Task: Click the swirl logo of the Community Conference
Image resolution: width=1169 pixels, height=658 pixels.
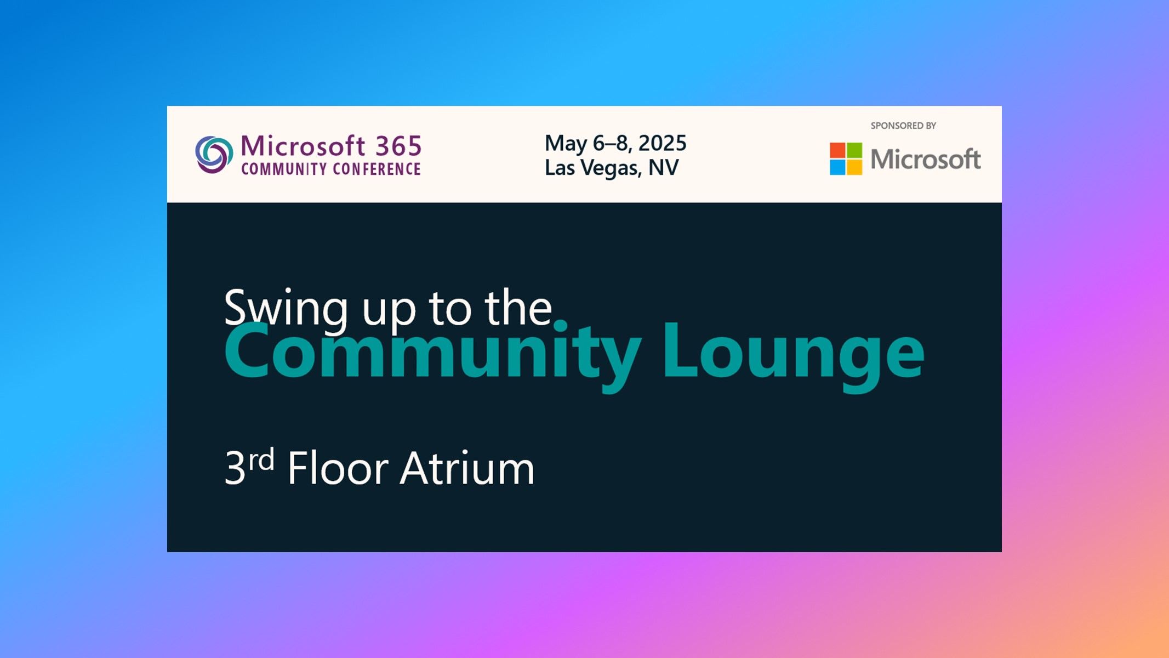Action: [x=214, y=154]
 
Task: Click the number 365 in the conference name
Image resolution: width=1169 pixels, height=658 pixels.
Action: [x=398, y=146]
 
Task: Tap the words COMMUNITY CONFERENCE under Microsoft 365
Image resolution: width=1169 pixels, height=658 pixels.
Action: [x=331, y=169]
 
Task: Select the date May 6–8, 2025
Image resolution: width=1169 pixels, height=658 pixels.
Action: [x=615, y=143]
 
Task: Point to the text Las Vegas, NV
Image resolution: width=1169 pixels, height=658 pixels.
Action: [x=612, y=168]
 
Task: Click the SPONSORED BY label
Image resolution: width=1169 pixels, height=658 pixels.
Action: [x=903, y=126]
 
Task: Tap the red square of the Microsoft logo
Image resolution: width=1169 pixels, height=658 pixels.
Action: [x=837, y=150]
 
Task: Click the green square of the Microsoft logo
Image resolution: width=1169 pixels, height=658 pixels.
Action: [x=854, y=150]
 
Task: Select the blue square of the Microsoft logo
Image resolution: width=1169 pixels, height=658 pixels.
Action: [x=837, y=167]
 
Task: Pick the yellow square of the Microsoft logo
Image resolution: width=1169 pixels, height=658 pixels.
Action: [x=854, y=167]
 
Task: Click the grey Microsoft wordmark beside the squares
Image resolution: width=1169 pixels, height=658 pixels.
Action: [x=925, y=160]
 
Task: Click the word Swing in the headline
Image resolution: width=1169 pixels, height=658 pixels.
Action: [x=286, y=308]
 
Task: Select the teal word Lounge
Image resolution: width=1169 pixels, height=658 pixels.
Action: [x=793, y=351]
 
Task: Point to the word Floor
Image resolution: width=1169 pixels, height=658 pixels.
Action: [x=338, y=468]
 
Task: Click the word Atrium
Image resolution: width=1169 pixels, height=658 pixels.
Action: [x=467, y=468]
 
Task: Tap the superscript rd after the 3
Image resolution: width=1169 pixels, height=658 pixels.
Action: [x=261, y=460]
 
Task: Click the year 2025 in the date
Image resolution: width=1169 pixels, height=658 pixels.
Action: [x=662, y=143]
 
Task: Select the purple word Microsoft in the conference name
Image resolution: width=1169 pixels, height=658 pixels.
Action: [x=303, y=146]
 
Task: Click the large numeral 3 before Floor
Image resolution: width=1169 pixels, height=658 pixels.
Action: [x=235, y=468]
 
